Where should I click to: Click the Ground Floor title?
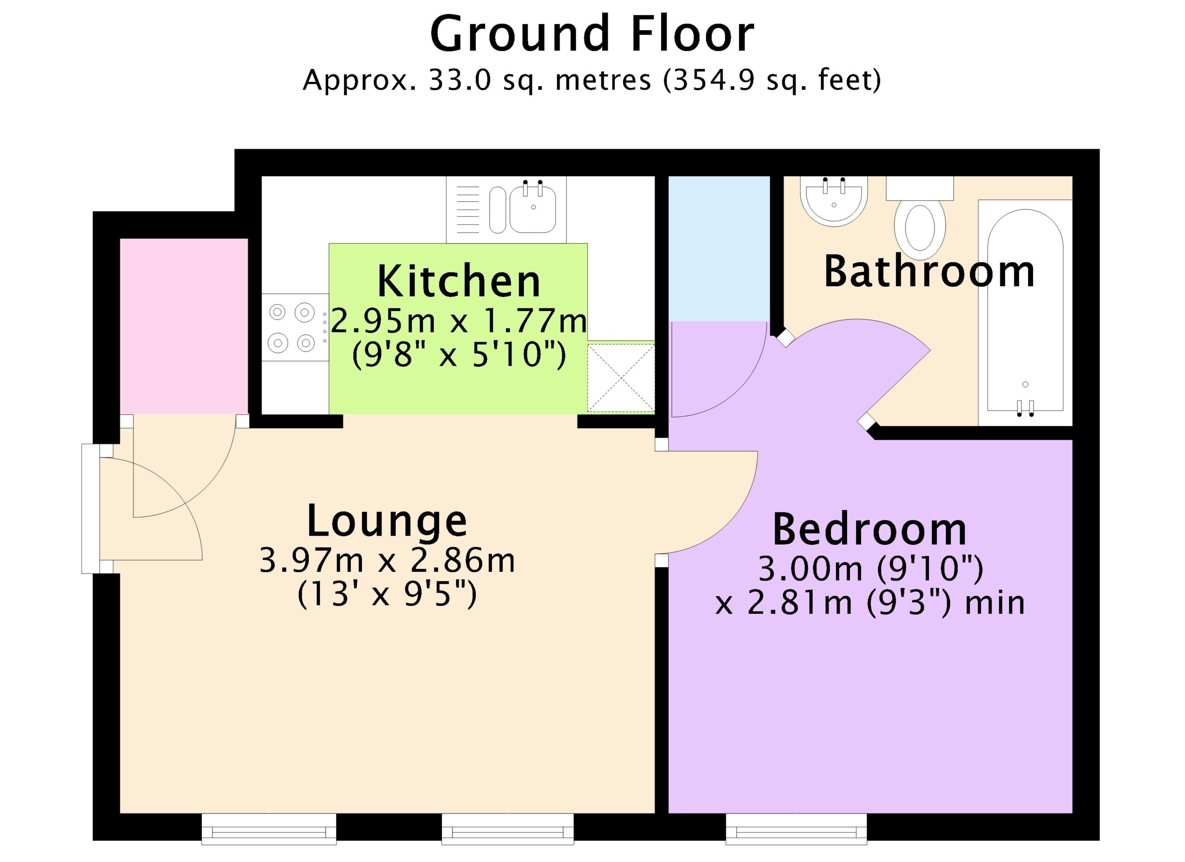point(592,34)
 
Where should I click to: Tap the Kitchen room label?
point(459,281)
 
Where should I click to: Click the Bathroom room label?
point(929,271)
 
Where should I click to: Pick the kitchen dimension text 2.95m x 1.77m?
point(459,321)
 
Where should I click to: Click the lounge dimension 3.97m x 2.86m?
point(387,561)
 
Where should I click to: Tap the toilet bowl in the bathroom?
point(920,229)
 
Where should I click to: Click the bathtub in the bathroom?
point(1025,312)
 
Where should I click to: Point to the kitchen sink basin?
point(532,209)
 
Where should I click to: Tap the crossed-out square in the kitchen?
point(621,377)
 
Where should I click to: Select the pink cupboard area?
point(184,326)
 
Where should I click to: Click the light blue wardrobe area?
point(719,249)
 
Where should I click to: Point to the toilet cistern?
point(920,188)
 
